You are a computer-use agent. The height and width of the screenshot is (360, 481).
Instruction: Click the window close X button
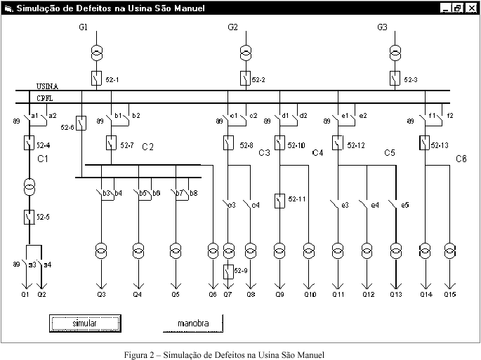(x=471, y=8)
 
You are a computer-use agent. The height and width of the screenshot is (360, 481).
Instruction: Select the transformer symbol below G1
(x=97, y=53)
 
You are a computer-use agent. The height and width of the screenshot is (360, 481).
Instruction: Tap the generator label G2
(x=233, y=27)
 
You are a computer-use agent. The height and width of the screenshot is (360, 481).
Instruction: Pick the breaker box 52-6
(x=81, y=124)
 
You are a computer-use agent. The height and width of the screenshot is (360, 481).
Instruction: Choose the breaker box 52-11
(x=279, y=201)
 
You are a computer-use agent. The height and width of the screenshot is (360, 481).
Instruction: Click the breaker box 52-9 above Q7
(x=228, y=272)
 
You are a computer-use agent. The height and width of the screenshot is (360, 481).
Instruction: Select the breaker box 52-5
(x=29, y=217)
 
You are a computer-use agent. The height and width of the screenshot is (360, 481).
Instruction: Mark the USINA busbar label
(x=47, y=86)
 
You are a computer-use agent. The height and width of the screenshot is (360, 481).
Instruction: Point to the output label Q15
(x=450, y=294)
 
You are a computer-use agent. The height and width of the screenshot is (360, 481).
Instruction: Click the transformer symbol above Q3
(x=101, y=250)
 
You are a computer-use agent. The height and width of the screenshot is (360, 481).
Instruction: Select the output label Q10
(x=310, y=294)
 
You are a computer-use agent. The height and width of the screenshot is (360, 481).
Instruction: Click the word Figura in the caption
(x=137, y=354)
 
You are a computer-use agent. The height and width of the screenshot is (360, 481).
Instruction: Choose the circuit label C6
(x=461, y=159)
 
